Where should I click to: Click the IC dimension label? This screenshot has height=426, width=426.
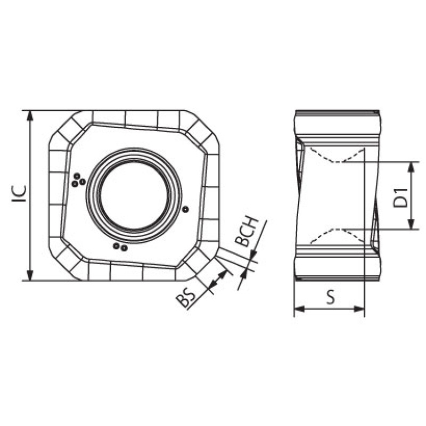[x=20, y=193]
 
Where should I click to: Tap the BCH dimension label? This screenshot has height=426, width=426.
[x=247, y=232]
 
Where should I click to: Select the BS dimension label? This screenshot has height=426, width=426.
[x=186, y=299]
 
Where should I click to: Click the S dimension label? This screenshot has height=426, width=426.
[x=331, y=297]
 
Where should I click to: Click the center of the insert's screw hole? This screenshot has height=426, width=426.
[x=134, y=195]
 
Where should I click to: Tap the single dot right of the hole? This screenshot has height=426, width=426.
[x=185, y=209]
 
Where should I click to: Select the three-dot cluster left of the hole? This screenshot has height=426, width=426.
[x=78, y=180]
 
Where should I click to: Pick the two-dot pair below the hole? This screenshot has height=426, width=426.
[x=120, y=247]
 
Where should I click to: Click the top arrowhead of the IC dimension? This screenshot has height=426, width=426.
[x=30, y=116]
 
